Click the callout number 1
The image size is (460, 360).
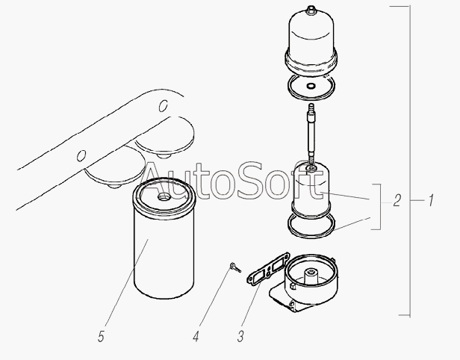click(x=431, y=200)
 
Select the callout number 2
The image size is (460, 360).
click(x=397, y=201)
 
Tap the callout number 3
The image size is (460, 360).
click(x=240, y=336)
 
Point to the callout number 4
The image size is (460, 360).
click(x=196, y=336)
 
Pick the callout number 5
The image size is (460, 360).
click(x=101, y=336)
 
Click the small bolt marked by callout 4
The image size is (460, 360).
click(x=235, y=267)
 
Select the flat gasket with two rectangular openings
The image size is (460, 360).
click(x=268, y=269)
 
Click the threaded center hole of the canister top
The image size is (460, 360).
click(x=163, y=196)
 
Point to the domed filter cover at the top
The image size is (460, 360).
click(x=311, y=41)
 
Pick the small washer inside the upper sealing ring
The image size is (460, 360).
click(x=311, y=86)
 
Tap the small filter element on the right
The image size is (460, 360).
click(x=311, y=190)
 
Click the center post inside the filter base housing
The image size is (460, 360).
click(x=311, y=275)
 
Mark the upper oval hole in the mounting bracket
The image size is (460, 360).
click(x=163, y=105)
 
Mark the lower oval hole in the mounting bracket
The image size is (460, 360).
click(x=81, y=155)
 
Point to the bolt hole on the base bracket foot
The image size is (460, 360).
click(x=292, y=303)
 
